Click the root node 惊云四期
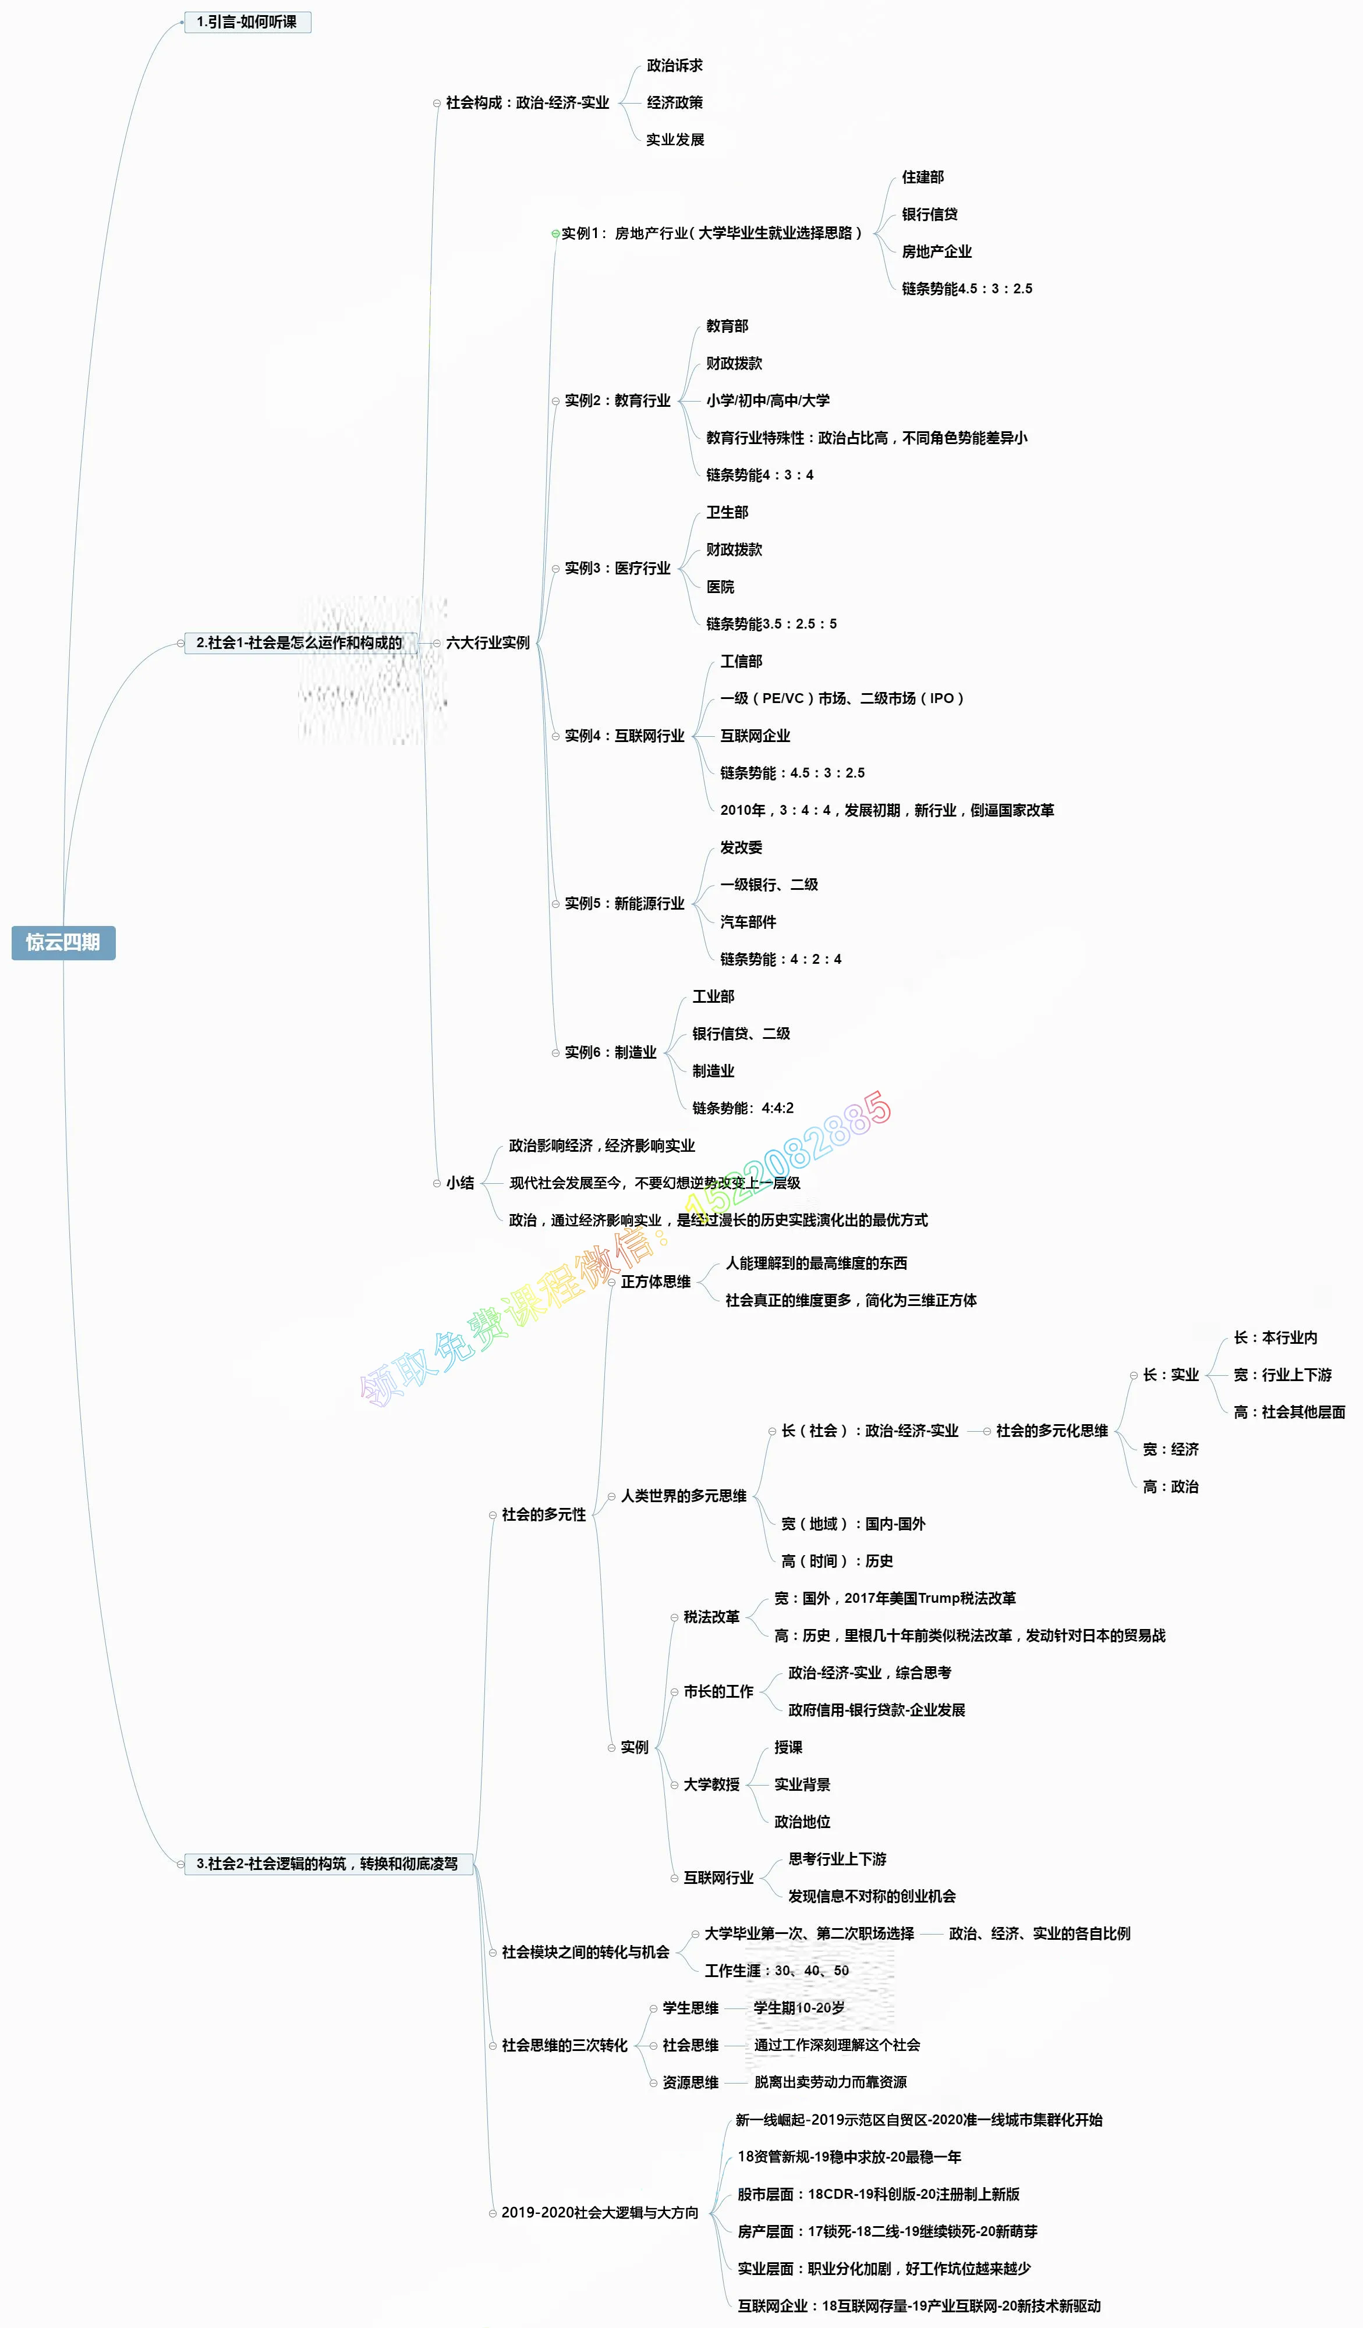click(63, 942)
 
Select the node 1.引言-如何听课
click(247, 22)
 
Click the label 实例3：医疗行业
click(617, 568)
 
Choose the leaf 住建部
click(922, 178)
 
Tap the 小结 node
click(460, 1183)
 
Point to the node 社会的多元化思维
click(1052, 1430)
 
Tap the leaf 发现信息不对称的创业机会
click(872, 1896)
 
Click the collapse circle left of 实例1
click(555, 234)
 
